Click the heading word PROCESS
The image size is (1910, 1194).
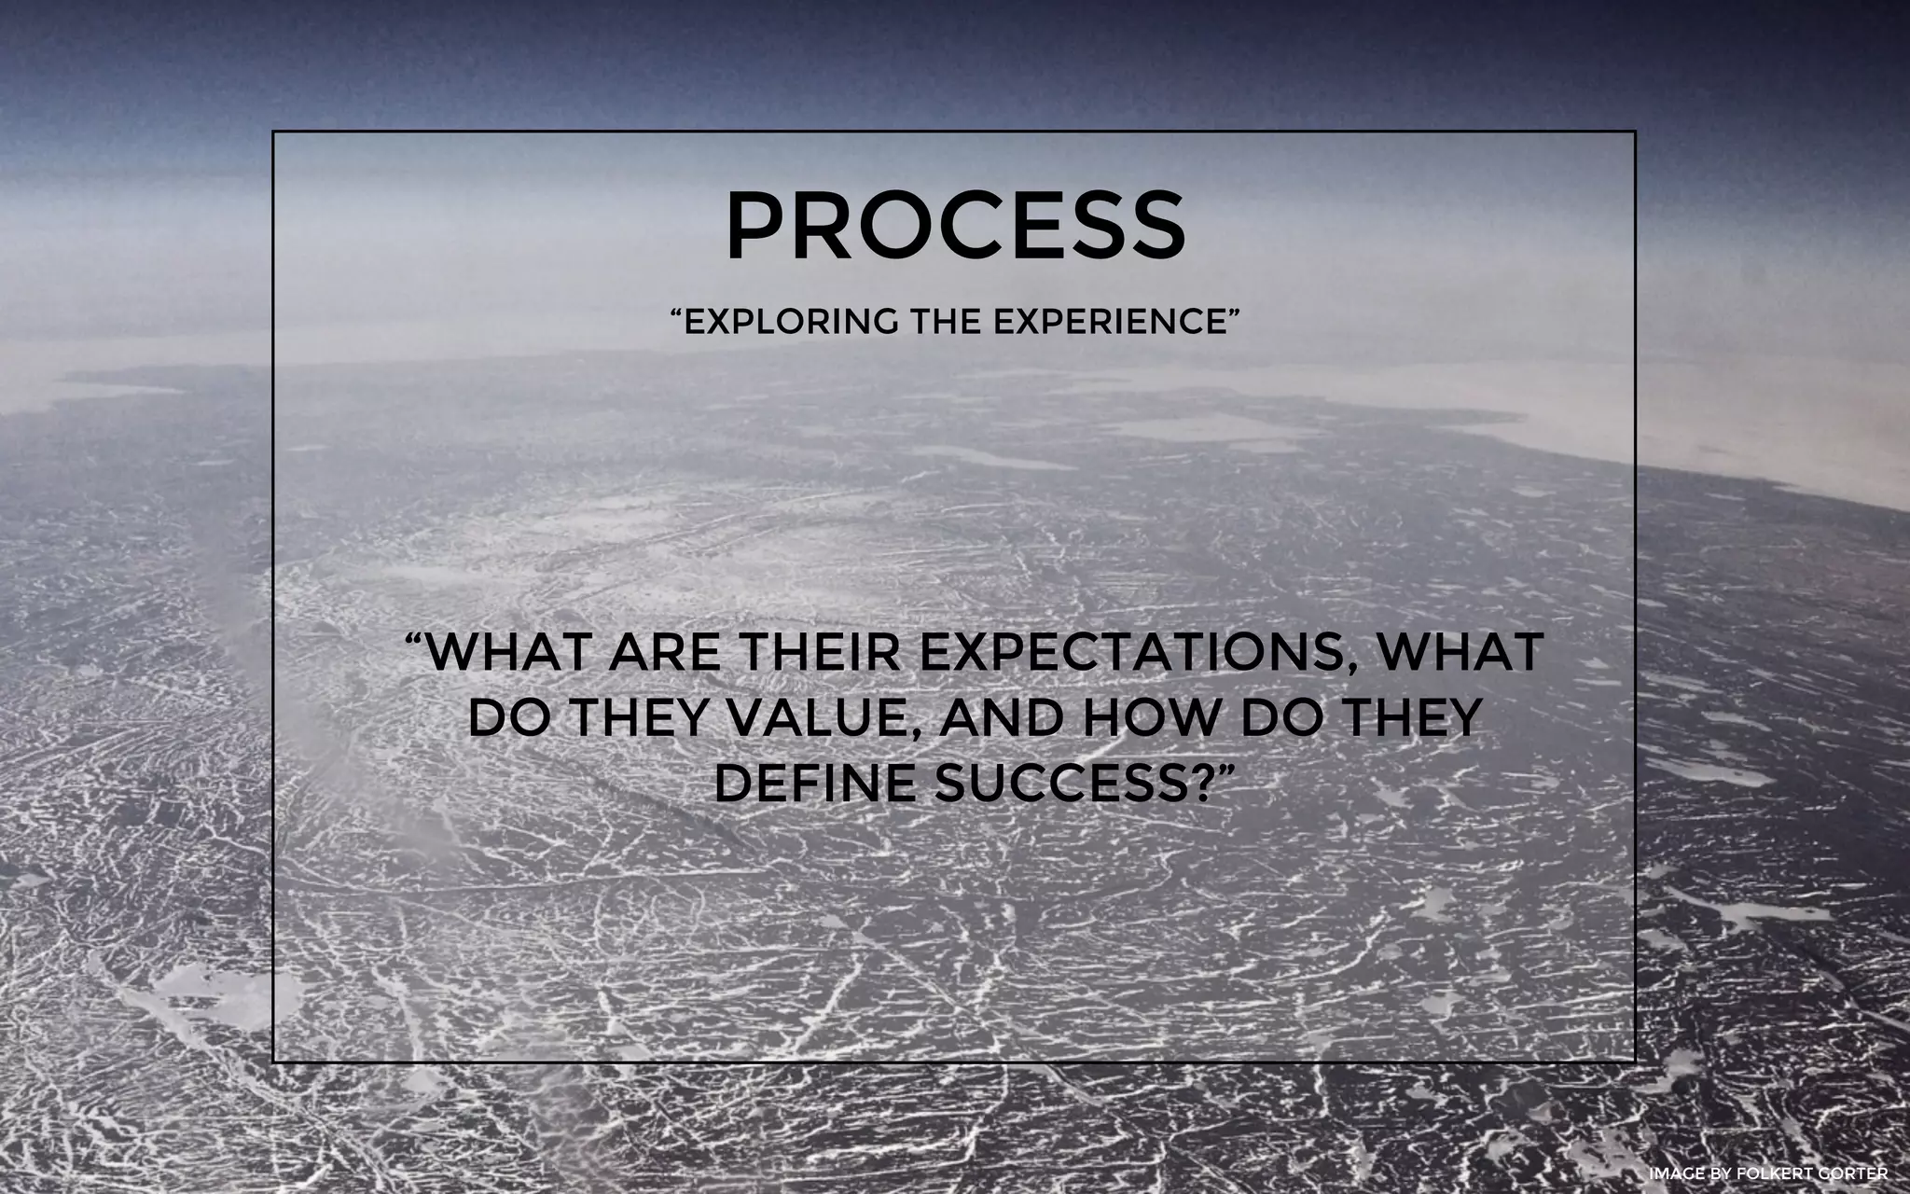pos(955,227)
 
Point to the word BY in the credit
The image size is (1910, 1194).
pos(1718,1173)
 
